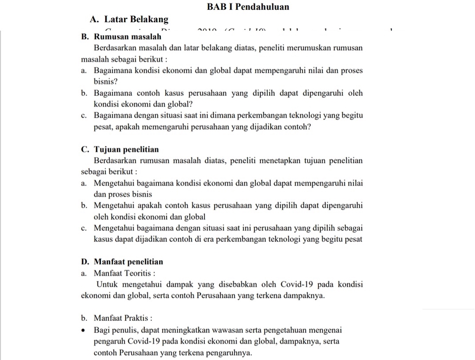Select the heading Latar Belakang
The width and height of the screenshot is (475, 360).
coord(129,20)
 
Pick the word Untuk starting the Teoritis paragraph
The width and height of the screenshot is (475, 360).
coord(107,284)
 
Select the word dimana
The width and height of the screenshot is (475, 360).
coord(226,115)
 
